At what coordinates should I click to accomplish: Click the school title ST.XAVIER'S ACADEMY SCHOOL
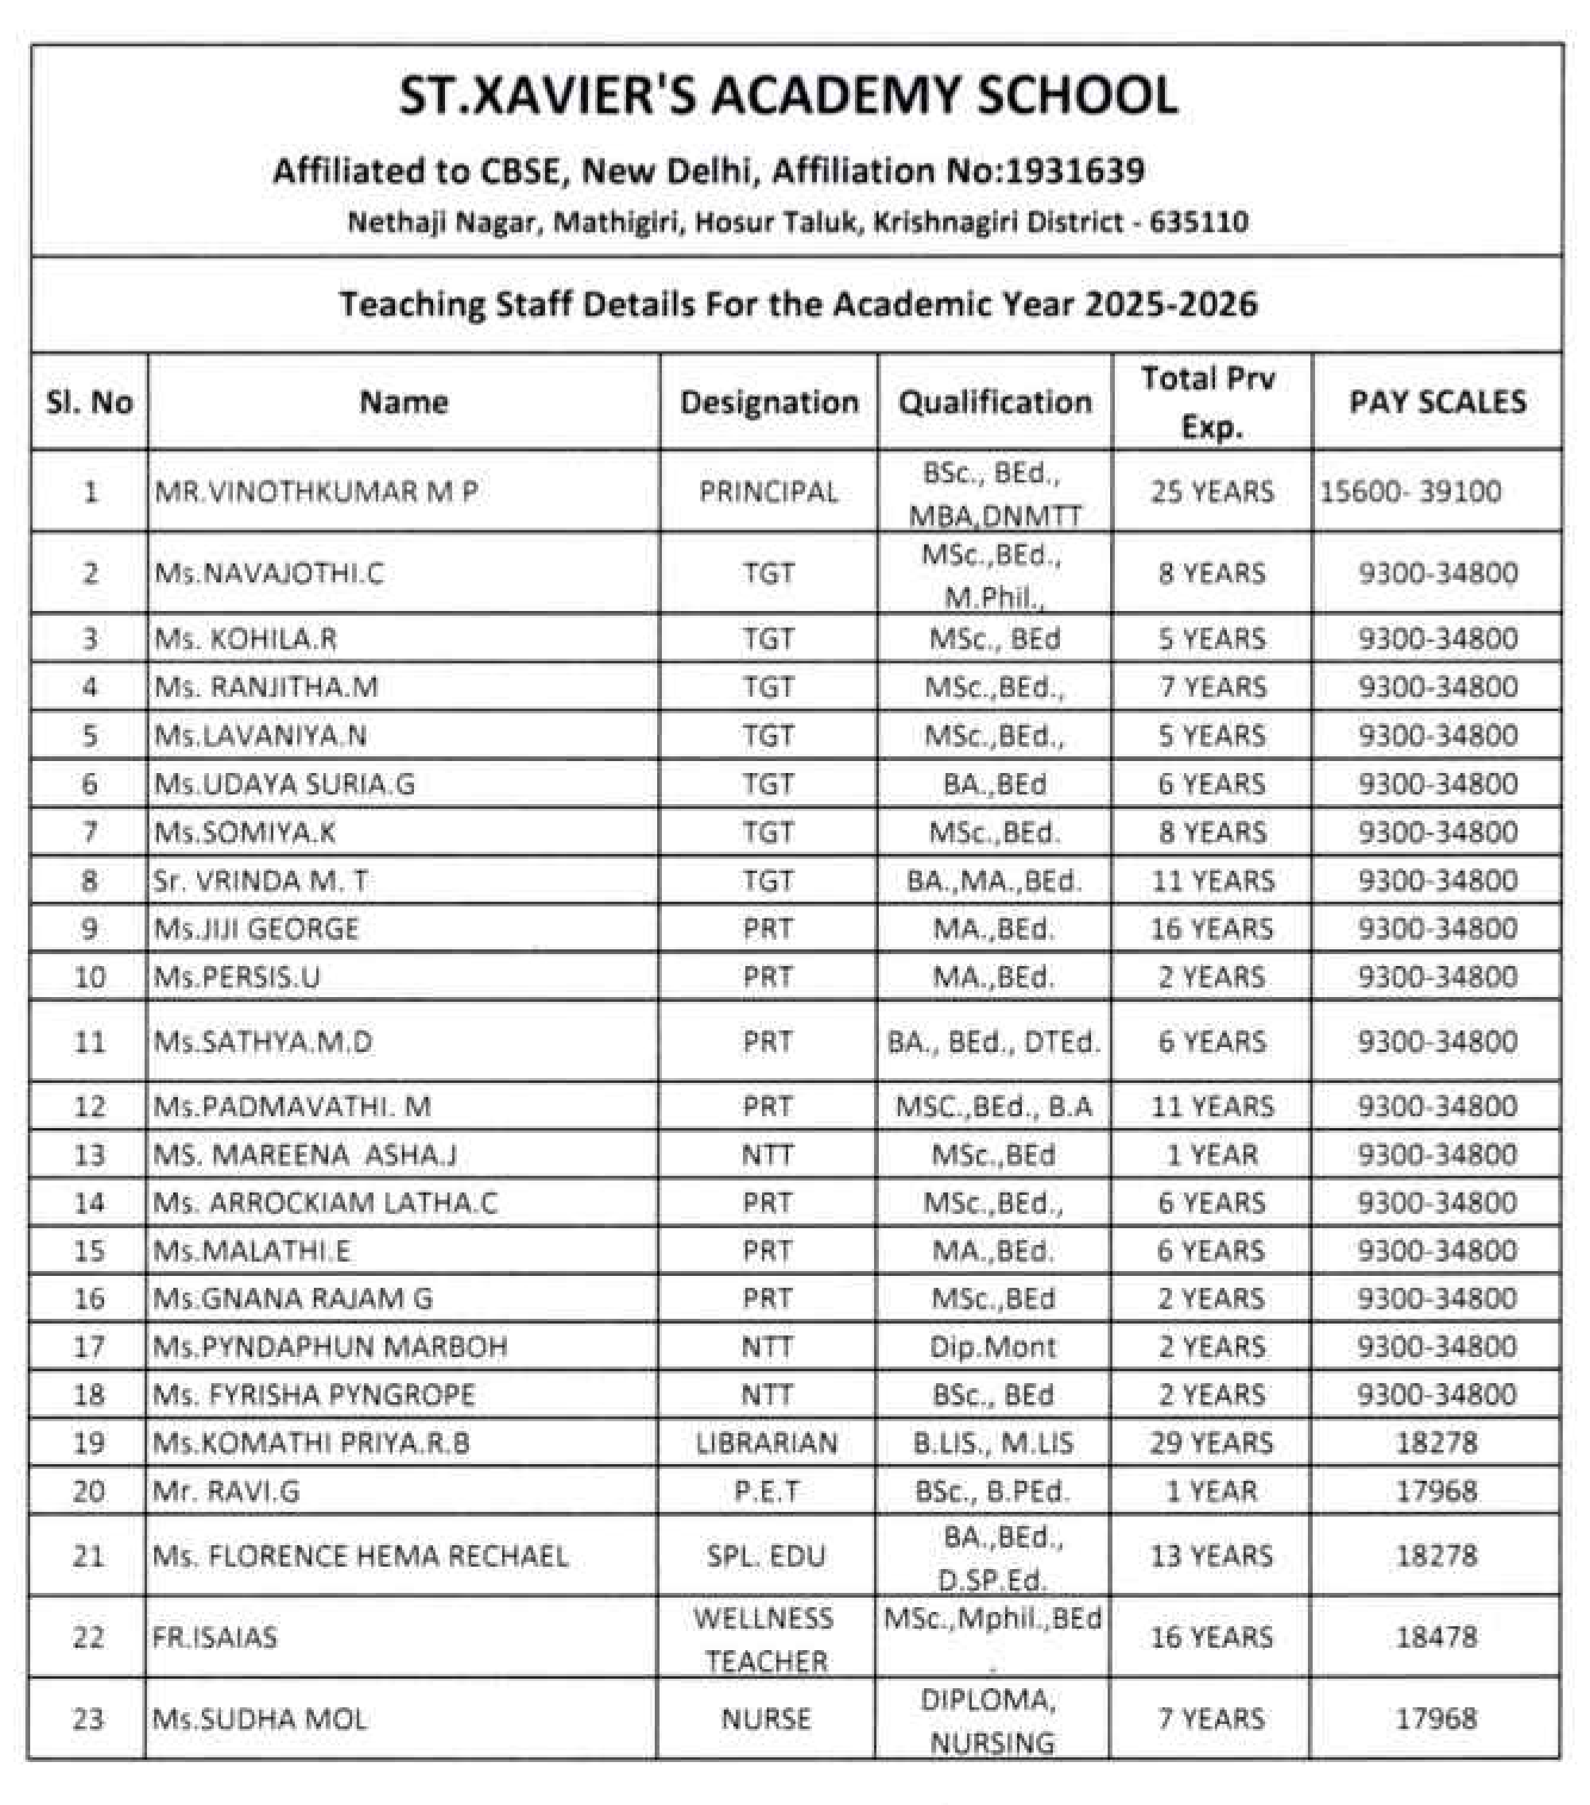click(788, 95)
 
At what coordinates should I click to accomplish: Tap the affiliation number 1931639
click(1074, 171)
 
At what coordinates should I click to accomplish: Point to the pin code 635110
click(1199, 221)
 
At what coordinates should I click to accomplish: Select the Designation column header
click(768, 403)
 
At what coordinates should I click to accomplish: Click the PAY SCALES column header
click(1437, 403)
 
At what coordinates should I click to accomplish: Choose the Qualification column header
click(995, 403)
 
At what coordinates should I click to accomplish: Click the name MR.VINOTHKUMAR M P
click(316, 492)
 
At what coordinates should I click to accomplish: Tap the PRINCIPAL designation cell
click(768, 492)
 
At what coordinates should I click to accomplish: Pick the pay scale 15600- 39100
click(1410, 492)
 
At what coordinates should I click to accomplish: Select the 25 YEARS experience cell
click(1212, 492)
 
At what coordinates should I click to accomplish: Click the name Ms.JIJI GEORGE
click(256, 929)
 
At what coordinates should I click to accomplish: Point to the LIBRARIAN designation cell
click(767, 1443)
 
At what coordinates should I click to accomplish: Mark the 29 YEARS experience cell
click(1211, 1443)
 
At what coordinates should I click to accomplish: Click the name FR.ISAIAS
click(215, 1638)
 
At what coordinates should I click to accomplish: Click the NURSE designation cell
click(766, 1719)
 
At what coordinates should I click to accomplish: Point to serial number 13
click(89, 1155)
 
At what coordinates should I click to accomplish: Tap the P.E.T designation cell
click(767, 1491)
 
